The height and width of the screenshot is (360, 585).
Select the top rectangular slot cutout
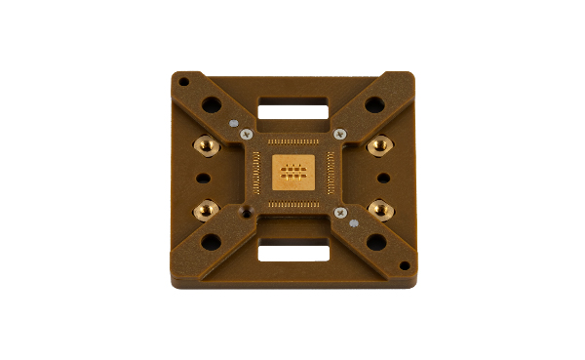click(x=292, y=102)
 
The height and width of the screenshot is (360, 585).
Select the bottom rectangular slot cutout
click(x=292, y=253)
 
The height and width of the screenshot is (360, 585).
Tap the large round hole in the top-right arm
click(x=374, y=104)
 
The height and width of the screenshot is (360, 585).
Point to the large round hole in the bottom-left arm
click(x=211, y=242)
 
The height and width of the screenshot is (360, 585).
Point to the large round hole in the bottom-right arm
click(x=375, y=242)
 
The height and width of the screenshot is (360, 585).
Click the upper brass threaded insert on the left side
click(x=207, y=145)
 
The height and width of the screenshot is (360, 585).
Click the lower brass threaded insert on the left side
click(x=207, y=207)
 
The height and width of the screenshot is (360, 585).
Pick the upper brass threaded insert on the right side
click(x=378, y=146)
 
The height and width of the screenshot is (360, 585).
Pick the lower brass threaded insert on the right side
click(x=378, y=207)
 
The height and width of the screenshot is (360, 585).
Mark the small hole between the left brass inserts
click(x=202, y=178)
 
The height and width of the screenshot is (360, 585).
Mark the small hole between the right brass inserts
click(x=383, y=178)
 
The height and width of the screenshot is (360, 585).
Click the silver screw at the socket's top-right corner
click(x=339, y=134)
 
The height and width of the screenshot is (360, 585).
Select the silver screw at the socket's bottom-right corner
click(x=339, y=212)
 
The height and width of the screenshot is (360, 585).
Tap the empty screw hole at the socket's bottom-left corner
click(x=248, y=211)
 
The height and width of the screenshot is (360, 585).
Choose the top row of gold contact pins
click(x=292, y=140)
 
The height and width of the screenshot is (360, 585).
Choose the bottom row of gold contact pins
click(x=292, y=205)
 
